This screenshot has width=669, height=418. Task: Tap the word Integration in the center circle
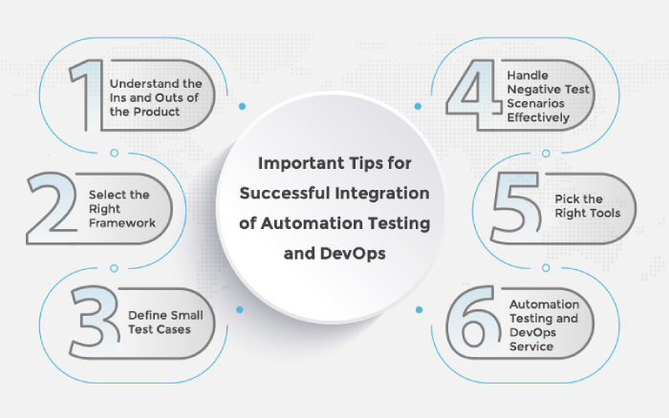(x=382, y=194)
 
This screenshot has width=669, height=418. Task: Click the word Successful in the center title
(x=285, y=193)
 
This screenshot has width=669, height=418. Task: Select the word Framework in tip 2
(x=122, y=223)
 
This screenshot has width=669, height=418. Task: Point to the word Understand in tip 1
(x=139, y=84)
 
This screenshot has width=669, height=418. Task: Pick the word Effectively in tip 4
(x=538, y=117)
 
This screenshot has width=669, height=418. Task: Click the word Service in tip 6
(x=530, y=346)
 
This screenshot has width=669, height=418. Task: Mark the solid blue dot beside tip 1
(x=242, y=106)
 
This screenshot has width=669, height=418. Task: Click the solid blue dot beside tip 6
(x=419, y=310)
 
